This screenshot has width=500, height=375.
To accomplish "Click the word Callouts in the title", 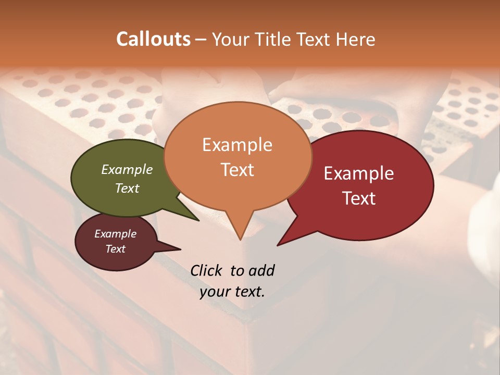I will click(153, 39).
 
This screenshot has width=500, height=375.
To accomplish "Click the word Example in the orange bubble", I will click(237, 145).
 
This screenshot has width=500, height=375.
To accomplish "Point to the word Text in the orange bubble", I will click(237, 170).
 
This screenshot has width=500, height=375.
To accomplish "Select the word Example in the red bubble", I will click(359, 173).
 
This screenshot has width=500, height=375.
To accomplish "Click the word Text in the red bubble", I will click(359, 198).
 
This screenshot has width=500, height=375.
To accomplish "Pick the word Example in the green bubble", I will click(127, 169).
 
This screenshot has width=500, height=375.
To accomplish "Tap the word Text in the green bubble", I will click(127, 188).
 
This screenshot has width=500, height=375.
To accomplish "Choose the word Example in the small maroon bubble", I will click(116, 234).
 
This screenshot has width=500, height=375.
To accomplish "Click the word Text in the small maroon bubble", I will click(116, 249).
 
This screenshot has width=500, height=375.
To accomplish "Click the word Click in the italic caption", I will click(208, 270).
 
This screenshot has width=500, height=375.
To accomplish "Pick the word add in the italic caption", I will click(261, 270).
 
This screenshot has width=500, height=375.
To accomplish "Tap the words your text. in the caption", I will click(232, 292).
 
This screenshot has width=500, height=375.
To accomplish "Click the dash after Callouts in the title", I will click(201, 39).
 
